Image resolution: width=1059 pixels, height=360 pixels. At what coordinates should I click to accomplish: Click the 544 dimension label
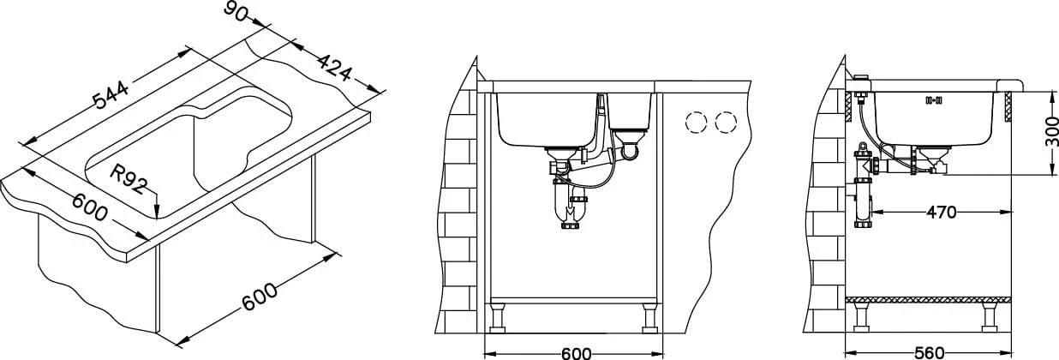[111, 95]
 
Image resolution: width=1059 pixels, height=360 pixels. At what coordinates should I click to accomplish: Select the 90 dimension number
[235, 12]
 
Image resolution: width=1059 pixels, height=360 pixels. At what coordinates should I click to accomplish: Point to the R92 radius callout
[129, 179]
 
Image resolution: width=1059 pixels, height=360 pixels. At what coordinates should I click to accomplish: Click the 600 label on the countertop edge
[90, 207]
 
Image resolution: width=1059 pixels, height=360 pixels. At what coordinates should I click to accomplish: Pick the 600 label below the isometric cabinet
[260, 296]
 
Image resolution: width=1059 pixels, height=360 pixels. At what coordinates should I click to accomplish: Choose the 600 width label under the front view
[577, 353]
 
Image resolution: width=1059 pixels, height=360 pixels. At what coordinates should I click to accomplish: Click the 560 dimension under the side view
[930, 353]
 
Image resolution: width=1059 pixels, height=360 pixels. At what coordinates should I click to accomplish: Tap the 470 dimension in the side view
[941, 213]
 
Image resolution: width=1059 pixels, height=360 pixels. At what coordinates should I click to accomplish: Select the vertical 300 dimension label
[1051, 130]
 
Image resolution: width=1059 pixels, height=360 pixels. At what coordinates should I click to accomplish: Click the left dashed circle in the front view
[696, 123]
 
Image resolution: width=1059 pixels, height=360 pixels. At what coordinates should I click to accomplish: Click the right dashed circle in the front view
[726, 123]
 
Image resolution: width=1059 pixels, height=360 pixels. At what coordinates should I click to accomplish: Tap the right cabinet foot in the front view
[650, 319]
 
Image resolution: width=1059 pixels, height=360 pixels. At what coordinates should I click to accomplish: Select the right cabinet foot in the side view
[989, 317]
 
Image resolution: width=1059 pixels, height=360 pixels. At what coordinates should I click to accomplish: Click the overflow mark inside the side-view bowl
[934, 112]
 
